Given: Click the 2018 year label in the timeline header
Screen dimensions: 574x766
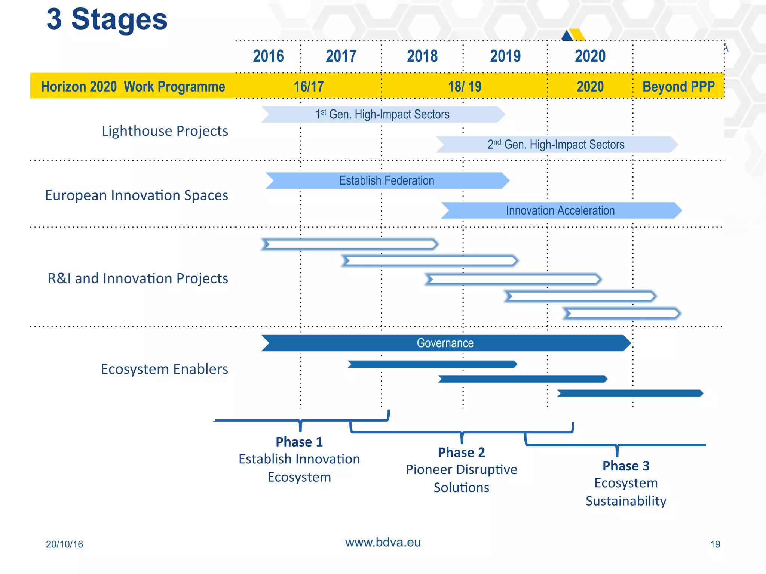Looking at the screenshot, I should [x=422, y=56].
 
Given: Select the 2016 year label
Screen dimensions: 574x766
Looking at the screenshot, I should [x=268, y=56].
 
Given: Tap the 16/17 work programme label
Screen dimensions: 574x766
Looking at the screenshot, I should [x=309, y=87].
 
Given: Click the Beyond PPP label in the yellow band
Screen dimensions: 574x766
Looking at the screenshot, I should [x=678, y=87].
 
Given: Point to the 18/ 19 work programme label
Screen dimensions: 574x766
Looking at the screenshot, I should [x=465, y=87].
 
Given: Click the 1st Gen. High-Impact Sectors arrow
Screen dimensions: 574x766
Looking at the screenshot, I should [x=383, y=114].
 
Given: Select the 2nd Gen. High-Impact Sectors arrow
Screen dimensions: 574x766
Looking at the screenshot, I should [x=556, y=145].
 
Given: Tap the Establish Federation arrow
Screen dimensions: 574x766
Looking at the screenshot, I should [x=387, y=181].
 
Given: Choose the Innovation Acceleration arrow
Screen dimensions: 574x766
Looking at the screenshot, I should [x=560, y=211].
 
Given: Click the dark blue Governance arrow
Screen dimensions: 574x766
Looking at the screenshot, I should [x=445, y=343].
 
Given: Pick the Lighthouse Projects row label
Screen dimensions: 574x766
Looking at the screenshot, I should [x=165, y=131].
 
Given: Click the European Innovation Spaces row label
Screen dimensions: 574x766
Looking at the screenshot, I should [x=137, y=195].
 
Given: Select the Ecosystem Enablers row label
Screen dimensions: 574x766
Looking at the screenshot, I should [x=165, y=369].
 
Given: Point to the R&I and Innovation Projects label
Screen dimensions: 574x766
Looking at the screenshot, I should [x=138, y=278].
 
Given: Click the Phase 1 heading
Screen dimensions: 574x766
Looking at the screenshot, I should [x=299, y=442].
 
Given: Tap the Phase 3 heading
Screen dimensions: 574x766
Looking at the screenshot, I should [x=626, y=466].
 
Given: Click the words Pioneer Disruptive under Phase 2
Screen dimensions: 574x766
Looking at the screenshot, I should [x=462, y=470].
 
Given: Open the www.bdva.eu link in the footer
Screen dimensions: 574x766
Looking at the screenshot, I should [x=383, y=542].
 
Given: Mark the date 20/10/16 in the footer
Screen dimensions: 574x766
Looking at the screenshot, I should [x=64, y=544].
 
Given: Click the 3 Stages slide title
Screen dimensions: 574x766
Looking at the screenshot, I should [x=107, y=19].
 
